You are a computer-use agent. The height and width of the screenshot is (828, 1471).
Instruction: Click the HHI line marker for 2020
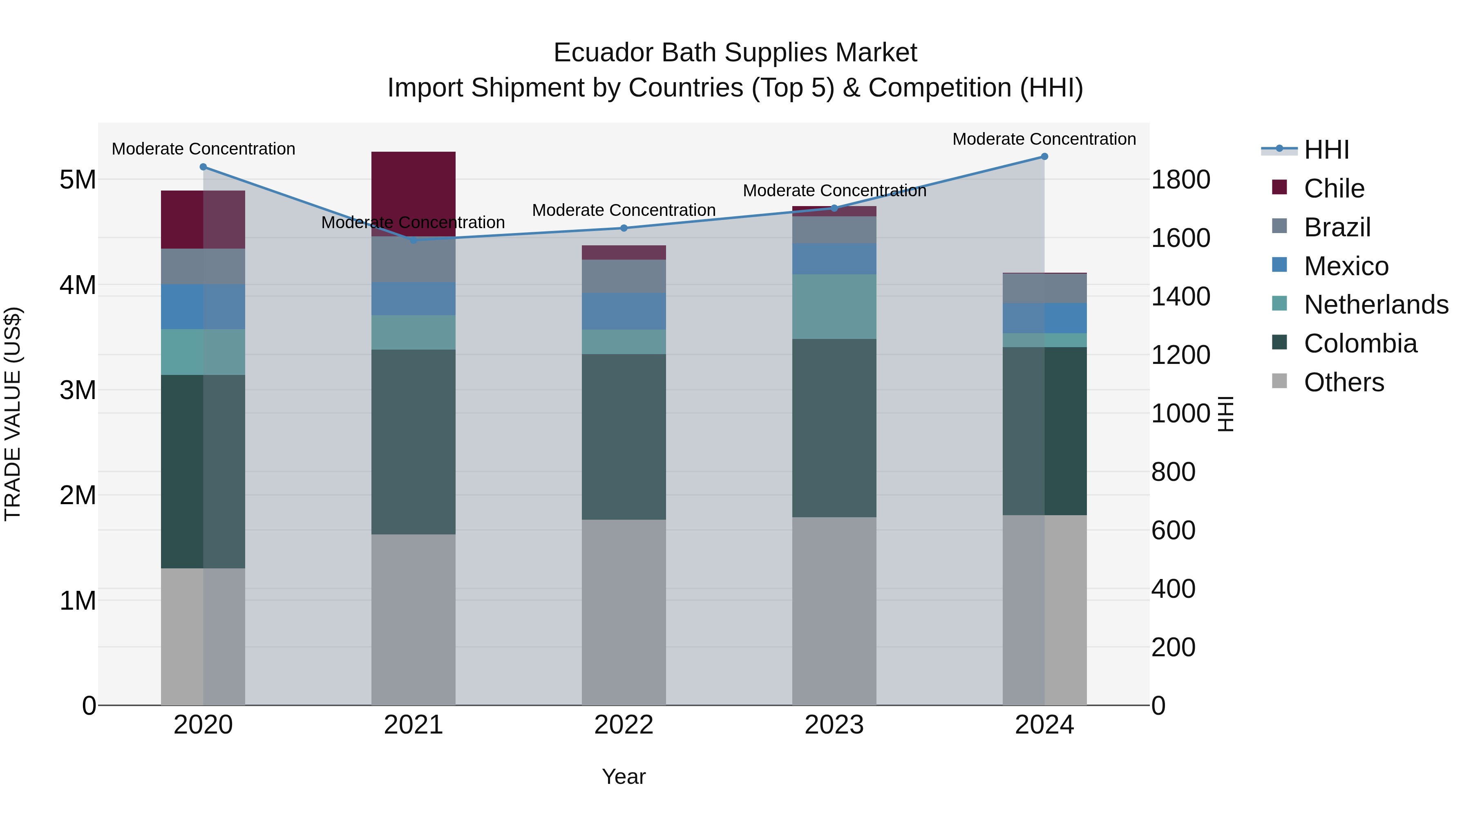[203, 167]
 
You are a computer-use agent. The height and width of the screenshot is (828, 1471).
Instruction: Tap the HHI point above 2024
[1044, 157]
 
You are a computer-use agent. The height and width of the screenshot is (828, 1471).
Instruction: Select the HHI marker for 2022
[624, 228]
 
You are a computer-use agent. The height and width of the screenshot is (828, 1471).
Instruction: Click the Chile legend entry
[1334, 188]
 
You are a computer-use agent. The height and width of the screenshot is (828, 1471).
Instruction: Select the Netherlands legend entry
[1376, 305]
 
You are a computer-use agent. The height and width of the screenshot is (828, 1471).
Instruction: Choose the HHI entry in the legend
[1326, 150]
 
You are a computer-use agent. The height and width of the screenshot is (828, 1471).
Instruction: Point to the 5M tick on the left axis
[78, 180]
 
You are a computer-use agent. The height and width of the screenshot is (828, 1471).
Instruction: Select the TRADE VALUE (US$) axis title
[13, 414]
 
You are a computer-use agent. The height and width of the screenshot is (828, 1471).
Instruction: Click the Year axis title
[624, 776]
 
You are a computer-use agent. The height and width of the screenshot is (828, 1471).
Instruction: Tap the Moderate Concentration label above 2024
[1044, 139]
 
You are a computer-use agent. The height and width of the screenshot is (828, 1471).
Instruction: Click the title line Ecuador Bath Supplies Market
[735, 53]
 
